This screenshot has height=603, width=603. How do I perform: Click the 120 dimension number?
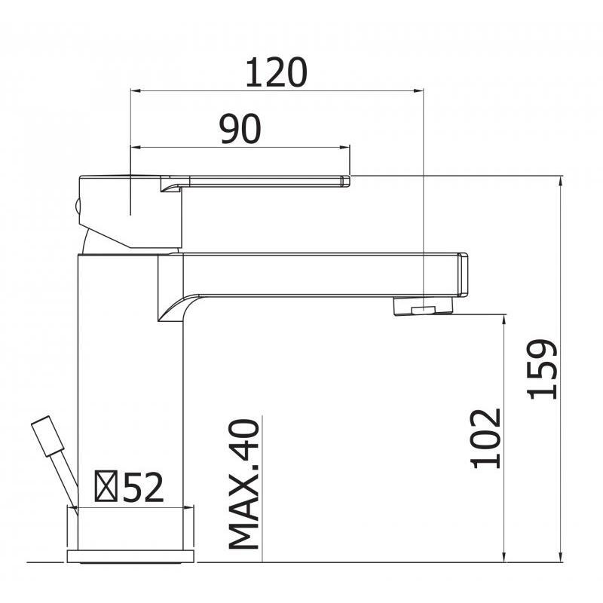coord(276,72)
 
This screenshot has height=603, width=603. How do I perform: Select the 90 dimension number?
coord(240,129)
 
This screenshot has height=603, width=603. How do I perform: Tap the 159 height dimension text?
coord(543,369)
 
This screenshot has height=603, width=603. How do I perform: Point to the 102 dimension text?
coord(486,439)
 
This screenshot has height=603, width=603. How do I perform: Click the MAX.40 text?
coord(244,484)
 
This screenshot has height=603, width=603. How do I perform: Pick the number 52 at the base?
coord(143,487)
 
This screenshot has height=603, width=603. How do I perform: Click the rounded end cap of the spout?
coord(463,274)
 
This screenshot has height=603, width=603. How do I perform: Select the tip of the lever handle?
coord(346,181)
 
